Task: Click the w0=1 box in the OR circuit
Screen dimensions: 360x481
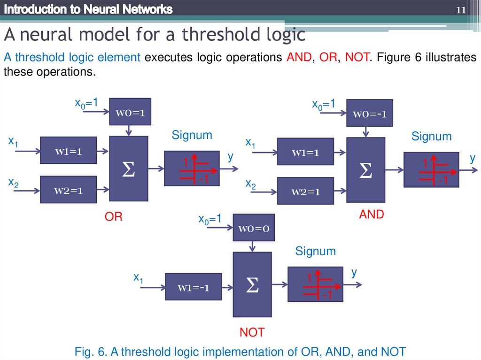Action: (130, 112)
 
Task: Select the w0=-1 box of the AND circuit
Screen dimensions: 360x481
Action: (367, 113)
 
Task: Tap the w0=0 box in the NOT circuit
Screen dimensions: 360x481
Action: (254, 228)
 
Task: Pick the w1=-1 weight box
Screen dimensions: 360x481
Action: (193, 286)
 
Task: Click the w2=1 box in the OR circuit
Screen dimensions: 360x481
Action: (68, 190)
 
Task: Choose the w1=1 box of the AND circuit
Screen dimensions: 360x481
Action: (305, 152)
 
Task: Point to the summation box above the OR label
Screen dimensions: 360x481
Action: (129, 169)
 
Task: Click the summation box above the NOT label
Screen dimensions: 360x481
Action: (252, 284)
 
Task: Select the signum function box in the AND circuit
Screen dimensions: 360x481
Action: (431, 170)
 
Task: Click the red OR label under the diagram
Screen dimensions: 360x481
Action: (113, 217)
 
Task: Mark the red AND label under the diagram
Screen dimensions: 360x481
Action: (372, 214)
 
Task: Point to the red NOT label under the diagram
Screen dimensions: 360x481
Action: (252, 333)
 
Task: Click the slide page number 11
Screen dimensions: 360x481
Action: (461, 10)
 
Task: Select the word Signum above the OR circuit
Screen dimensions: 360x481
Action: (192, 135)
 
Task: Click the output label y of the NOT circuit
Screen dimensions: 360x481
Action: (354, 272)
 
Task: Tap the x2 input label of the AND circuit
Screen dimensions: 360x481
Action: (251, 184)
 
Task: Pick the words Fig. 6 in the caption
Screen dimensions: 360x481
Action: (91, 352)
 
